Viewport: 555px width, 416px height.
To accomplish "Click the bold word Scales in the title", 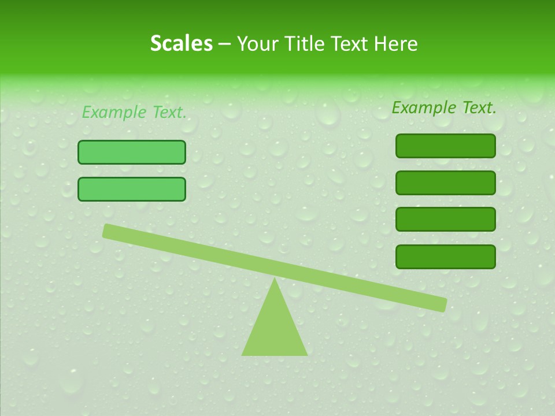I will [181, 43].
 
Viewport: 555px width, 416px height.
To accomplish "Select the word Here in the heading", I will [396, 43].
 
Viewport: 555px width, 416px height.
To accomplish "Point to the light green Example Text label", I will [134, 112].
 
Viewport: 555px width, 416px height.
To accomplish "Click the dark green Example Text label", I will [444, 107].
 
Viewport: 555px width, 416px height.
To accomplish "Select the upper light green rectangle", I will [132, 152].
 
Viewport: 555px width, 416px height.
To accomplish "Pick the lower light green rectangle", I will [132, 189].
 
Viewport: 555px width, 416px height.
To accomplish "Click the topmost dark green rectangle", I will [445, 146].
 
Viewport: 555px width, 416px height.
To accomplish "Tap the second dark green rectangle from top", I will [445, 183].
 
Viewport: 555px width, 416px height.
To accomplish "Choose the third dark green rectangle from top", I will [445, 220].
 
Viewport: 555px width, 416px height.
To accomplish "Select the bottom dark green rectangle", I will [445, 257].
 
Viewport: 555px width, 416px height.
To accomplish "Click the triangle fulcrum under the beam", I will [275, 329].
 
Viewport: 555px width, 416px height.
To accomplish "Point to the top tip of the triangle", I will [275, 280].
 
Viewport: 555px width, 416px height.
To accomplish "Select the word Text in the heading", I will [350, 43].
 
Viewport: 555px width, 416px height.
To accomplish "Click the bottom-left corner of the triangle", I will [243, 354].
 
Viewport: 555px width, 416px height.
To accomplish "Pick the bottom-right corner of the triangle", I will [306, 354].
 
